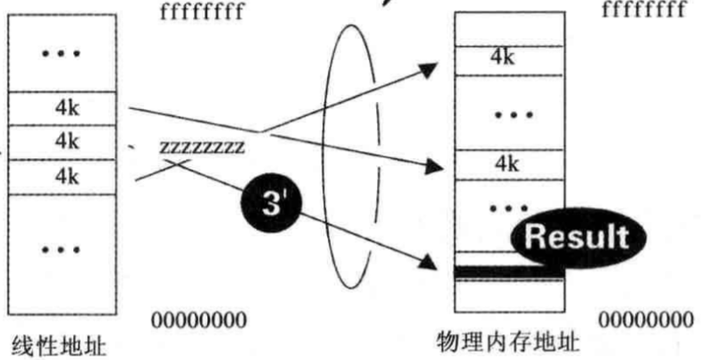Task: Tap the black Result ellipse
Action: pyautogui.click(x=575, y=237)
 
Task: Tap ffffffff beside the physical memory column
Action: pyautogui.click(x=645, y=11)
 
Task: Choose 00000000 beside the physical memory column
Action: pyautogui.click(x=645, y=319)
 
